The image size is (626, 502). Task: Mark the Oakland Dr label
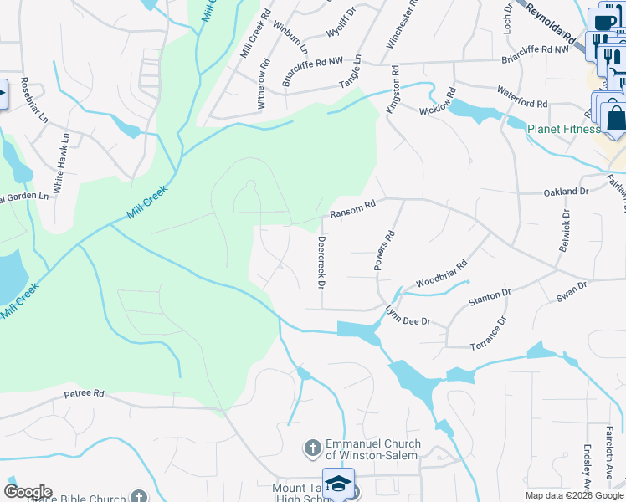click(x=566, y=192)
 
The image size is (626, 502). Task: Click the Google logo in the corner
click(x=28, y=491)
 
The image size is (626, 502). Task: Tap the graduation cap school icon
click(x=339, y=484)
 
